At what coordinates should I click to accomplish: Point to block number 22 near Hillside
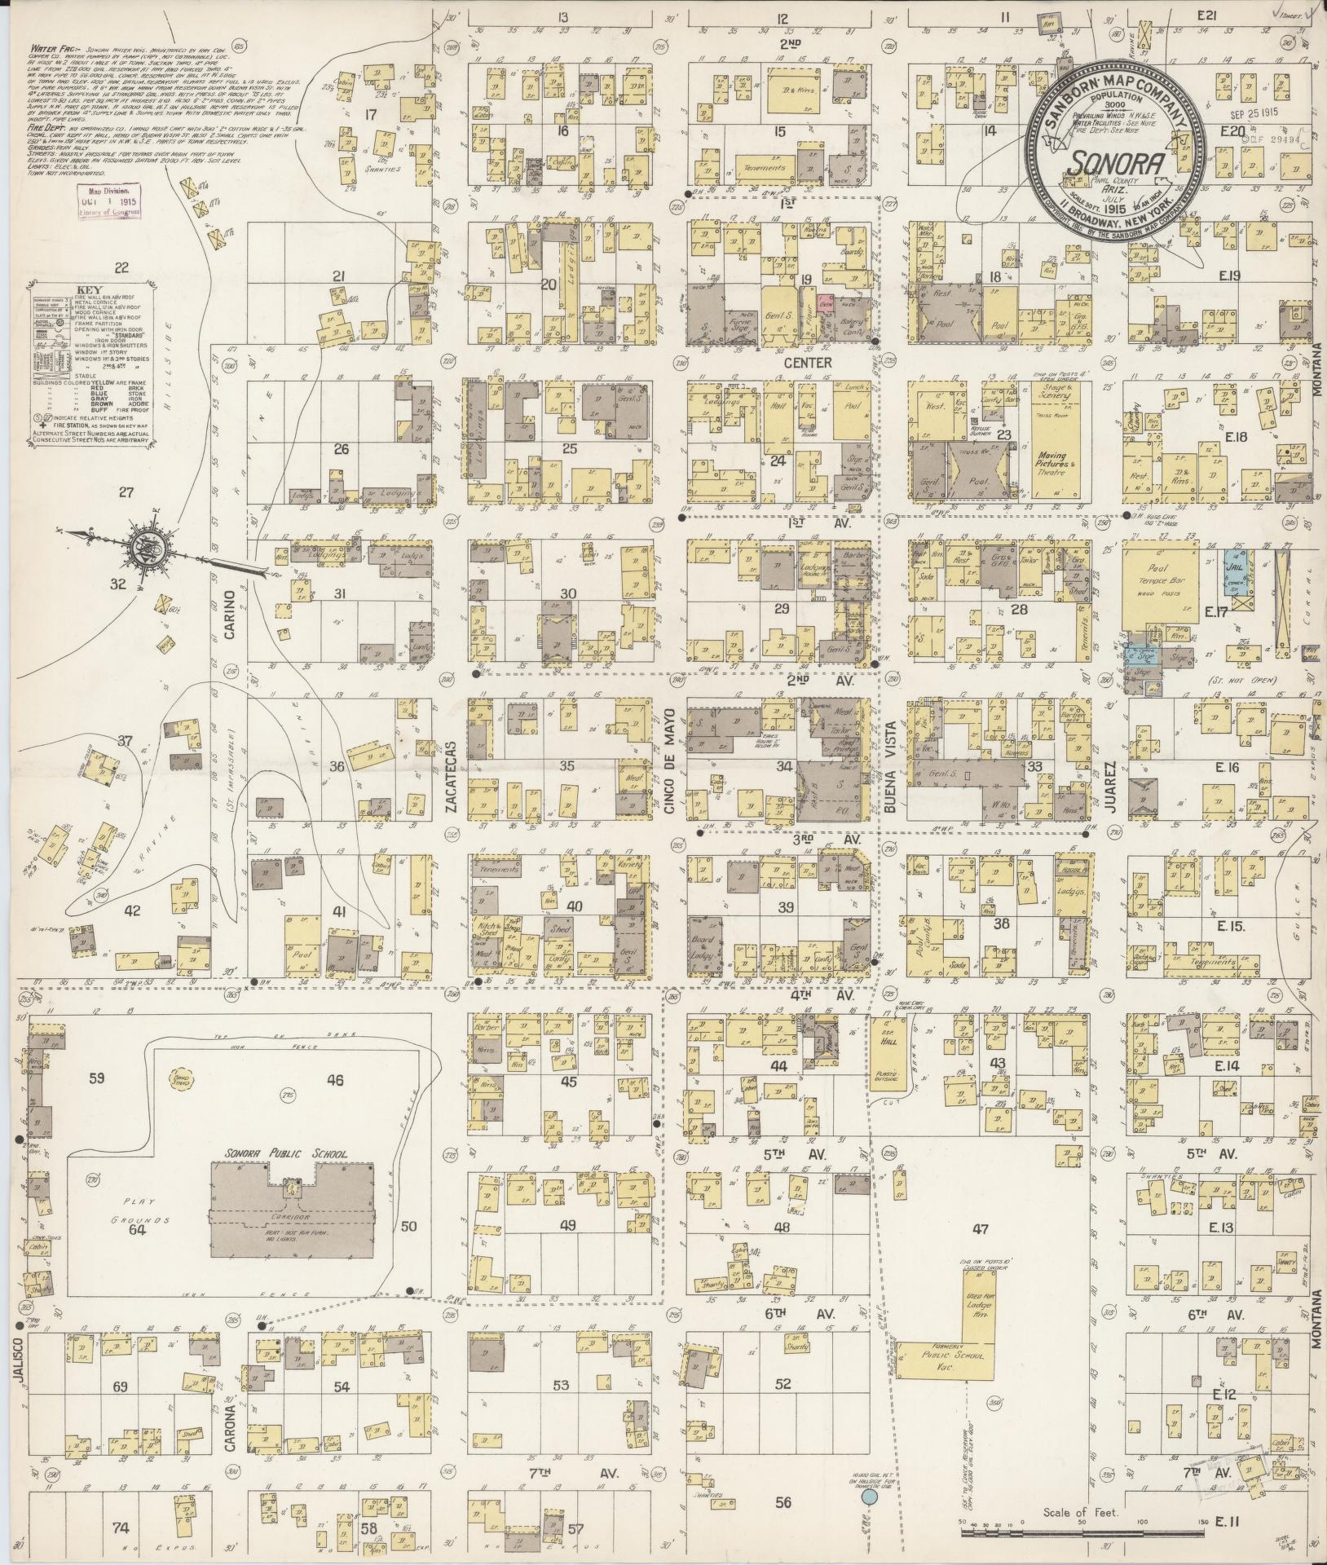point(122,267)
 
